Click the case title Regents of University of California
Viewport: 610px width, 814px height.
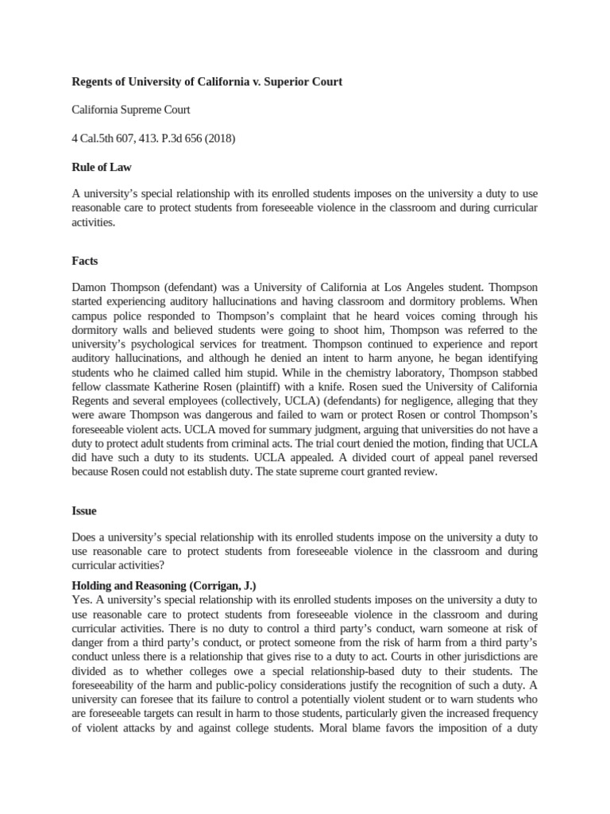pos(207,83)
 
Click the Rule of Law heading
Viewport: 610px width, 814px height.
pos(102,167)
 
